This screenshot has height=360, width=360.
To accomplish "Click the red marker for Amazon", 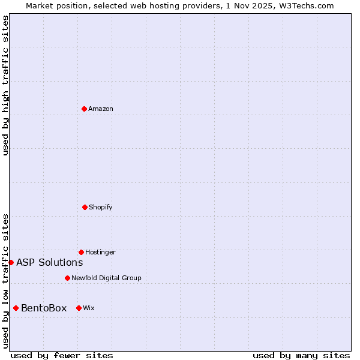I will point(84,109).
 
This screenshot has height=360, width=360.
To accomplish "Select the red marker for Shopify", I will point(85,207).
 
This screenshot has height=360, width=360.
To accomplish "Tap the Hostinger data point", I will point(81,252).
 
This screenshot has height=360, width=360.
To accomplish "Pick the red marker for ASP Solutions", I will point(11,262).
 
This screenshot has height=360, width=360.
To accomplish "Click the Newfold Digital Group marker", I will point(67,278).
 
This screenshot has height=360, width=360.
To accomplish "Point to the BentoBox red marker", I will point(16,308).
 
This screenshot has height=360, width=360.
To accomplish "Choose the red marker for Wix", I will point(79,308).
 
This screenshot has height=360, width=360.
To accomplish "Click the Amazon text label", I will point(101,109).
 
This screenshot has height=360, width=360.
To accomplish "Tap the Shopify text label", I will point(101,207).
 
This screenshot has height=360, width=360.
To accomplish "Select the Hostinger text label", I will point(100,252).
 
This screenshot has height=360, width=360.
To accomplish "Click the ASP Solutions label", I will point(49,262).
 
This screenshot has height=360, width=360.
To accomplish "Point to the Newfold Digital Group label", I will point(106,278).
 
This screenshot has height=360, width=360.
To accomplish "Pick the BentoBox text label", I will point(44,308).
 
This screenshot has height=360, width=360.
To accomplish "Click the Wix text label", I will point(89,308).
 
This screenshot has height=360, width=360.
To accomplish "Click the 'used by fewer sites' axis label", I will point(62,355).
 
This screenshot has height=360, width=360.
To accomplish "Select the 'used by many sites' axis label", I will point(301,355).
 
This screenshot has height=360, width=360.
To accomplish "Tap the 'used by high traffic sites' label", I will point(5,85).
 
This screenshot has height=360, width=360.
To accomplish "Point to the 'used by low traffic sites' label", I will point(5,280).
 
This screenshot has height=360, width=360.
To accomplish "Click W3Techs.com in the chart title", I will point(305,5).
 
